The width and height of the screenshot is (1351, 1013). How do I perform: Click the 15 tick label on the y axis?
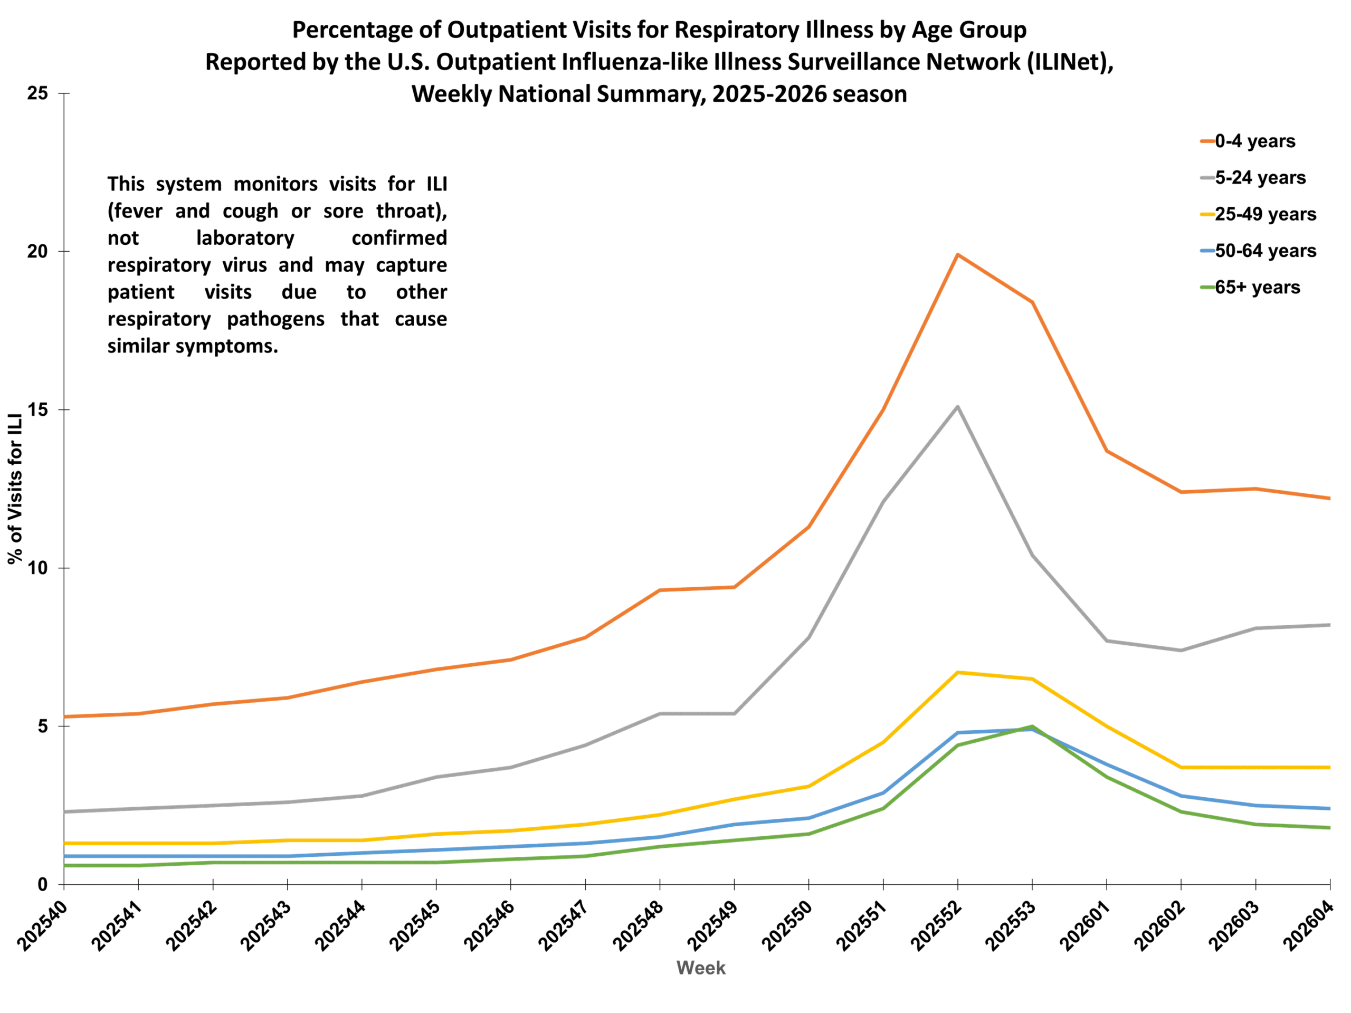click(38, 410)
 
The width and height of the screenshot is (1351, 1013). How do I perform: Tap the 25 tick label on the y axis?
click(38, 93)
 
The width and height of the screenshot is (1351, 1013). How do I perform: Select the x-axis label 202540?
click(43, 926)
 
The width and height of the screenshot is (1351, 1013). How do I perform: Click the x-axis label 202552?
click(936, 926)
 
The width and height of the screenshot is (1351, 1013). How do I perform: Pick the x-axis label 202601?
click(1086, 926)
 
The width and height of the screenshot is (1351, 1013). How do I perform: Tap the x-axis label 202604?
click(1309, 926)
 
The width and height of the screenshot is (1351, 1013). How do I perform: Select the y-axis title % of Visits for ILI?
click(15, 489)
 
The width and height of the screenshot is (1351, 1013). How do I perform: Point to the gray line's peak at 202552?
click(958, 407)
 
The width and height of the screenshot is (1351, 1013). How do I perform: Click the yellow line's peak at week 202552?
click(958, 672)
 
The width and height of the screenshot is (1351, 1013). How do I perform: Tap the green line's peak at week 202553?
click(1032, 726)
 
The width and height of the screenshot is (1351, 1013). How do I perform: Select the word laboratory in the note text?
click(245, 237)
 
